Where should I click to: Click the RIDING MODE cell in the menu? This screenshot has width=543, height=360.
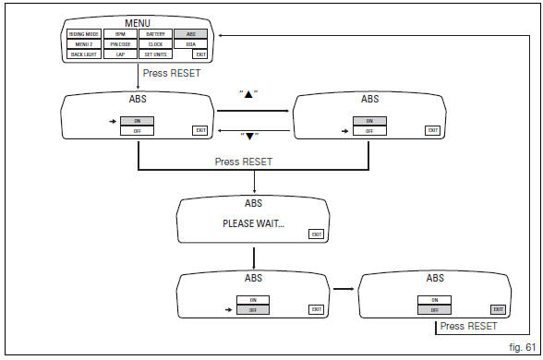point(84,32)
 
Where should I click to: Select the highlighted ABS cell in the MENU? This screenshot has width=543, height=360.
point(190,32)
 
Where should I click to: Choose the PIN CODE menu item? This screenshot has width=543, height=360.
point(120,43)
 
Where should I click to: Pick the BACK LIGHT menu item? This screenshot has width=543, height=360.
point(84,55)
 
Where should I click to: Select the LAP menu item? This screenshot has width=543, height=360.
point(120,55)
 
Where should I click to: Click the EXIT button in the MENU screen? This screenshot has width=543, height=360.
point(199,55)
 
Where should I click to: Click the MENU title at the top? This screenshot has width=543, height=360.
point(139,21)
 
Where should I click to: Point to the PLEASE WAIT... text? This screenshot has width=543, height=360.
point(253,223)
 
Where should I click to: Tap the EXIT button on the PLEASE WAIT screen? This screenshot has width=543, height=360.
point(317,234)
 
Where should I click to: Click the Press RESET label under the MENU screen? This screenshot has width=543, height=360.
point(173,72)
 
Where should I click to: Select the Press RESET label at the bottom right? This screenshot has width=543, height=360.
point(468,326)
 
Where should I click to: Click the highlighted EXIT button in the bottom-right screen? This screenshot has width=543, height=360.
point(499,309)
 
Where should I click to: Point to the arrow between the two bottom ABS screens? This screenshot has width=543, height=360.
point(344,290)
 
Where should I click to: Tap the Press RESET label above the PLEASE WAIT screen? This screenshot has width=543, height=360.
point(244,161)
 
